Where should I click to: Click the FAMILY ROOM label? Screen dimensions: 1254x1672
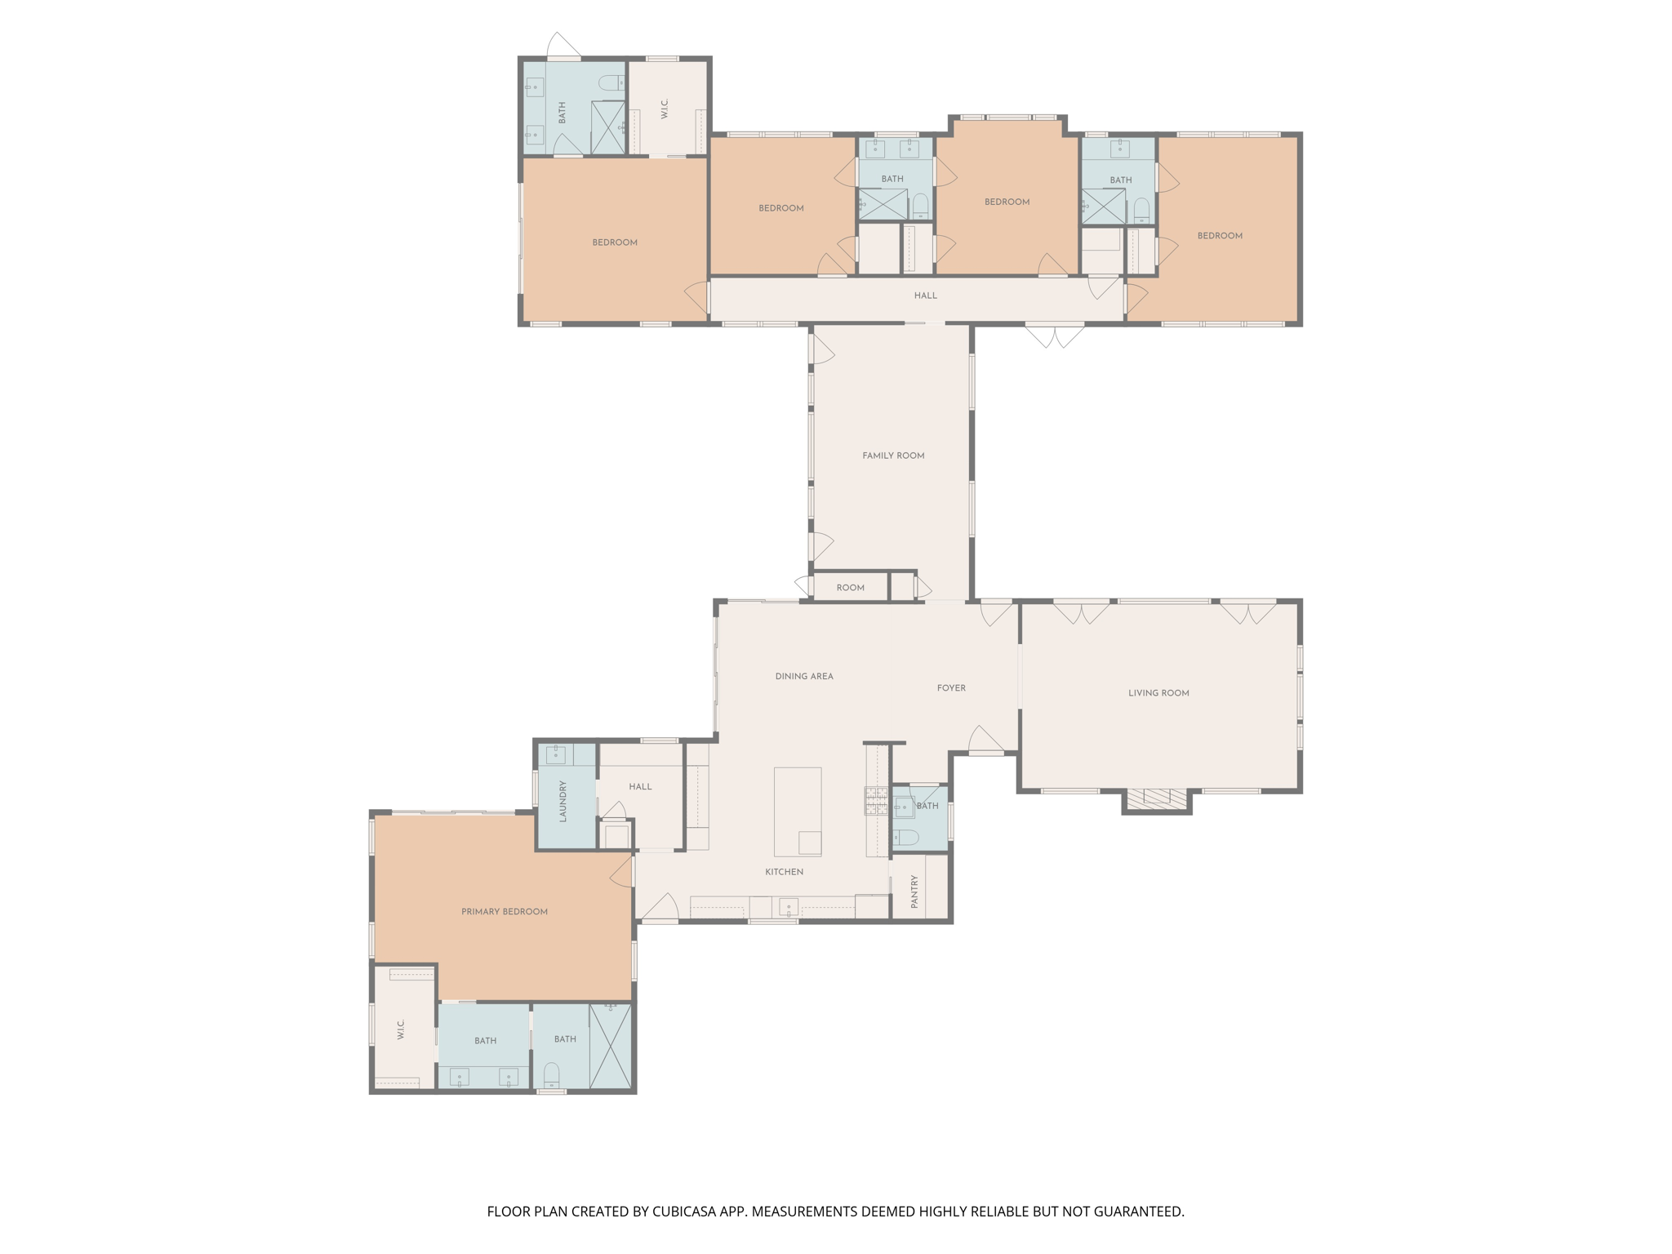[893, 456]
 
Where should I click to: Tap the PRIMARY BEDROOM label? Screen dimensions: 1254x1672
[504, 911]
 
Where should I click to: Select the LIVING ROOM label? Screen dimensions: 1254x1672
[1158, 693]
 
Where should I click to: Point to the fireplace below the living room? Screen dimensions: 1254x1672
[1156, 798]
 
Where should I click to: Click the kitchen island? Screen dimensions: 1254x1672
[797, 811]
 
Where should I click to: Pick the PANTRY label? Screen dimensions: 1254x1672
[914, 892]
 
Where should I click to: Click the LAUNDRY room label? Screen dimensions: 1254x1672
[563, 801]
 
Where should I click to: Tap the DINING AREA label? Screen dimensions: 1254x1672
[803, 676]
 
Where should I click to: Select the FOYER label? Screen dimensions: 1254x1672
[950, 688]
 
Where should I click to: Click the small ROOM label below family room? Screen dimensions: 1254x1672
[850, 588]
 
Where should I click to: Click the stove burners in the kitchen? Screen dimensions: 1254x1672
[876, 801]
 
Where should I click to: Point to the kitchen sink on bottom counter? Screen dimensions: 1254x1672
[788, 907]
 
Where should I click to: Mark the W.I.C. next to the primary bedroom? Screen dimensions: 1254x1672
[401, 1029]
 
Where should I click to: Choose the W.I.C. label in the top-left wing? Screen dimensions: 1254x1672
[665, 109]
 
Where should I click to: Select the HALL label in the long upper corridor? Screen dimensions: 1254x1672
[925, 296]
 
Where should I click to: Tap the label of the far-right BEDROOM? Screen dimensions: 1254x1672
[1219, 236]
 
